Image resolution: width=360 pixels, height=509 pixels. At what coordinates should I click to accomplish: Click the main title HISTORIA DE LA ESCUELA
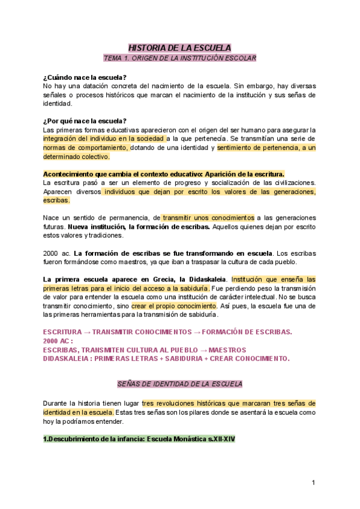180,48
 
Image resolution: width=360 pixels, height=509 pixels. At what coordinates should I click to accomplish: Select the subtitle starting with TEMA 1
180,58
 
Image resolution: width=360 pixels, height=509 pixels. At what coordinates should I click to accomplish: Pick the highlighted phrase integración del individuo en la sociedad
103,139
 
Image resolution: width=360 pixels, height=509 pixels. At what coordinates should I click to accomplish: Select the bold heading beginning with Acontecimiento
164,173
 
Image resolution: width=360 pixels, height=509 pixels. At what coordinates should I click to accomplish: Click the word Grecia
170,279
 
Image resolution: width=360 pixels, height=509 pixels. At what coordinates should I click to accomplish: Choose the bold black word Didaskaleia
208,279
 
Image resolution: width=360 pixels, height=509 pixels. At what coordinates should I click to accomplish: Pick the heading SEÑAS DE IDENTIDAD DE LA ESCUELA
179,384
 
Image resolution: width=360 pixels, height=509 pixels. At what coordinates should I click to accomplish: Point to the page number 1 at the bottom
313,483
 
